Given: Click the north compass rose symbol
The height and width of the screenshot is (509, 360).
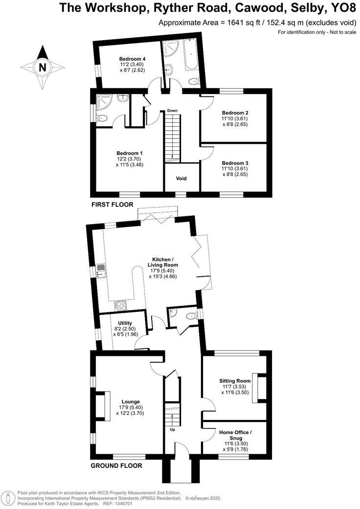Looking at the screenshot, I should point(42,68).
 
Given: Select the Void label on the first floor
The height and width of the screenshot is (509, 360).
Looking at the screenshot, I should point(181,179).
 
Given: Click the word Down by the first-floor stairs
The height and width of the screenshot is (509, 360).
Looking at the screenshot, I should point(172,111).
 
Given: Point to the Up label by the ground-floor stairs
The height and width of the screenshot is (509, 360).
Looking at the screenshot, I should point(172,430).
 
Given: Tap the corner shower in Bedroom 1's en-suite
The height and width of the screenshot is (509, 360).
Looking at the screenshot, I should point(105,101).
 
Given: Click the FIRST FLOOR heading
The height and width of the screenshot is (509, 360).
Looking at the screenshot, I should point(112,204).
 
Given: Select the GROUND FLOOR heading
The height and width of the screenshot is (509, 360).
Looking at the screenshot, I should point(116,465).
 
